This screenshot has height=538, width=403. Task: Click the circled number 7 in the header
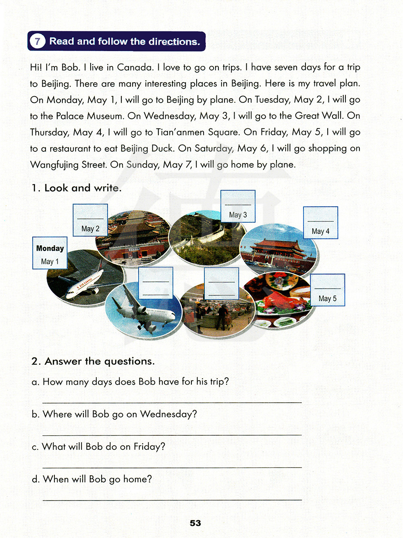tap(37, 41)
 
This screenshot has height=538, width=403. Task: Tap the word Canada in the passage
tap(135, 67)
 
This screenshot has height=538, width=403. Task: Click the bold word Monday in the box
tap(50, 248)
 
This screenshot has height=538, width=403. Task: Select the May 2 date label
tap(90, 229)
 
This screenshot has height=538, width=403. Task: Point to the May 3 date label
tap(238, 215)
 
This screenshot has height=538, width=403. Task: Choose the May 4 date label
tap(320, 232)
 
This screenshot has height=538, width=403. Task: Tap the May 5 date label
tap(327, 298)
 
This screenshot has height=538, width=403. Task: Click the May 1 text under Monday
tap(50, 262)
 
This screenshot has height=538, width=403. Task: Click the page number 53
tap(195, 523)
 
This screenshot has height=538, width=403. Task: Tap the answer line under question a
tap(172, 402)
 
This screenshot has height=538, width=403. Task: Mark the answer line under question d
tap(172, 499)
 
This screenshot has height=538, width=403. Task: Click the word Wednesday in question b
tap(168, 414)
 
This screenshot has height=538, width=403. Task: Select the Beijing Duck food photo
tap(278, 300)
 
